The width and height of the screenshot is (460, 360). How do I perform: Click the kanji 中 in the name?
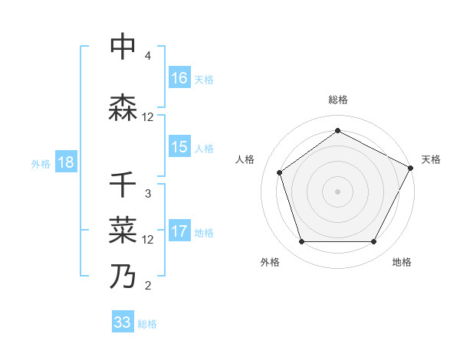tap(123, 48)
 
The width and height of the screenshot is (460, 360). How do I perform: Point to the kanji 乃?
tap(123, 275)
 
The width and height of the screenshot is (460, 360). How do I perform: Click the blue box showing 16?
tap(179, 78)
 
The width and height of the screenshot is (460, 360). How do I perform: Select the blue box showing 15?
tap(179, 147)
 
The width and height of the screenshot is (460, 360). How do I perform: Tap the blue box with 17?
tap(179, 232)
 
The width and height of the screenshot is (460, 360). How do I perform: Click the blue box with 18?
tap(65, 163)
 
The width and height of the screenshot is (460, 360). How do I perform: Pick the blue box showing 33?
tap(123, 322)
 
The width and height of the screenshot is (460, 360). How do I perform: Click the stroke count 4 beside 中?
tap(148, 56)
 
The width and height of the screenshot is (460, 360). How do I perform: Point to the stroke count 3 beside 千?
tap(148, 194)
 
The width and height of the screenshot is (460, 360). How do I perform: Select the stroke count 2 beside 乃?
tap(148, 286)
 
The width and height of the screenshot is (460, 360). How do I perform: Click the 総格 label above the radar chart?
tap(337, 100)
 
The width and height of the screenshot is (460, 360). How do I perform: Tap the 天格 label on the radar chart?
tap(431, 159)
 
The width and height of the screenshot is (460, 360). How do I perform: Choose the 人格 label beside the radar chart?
tap(245, 159)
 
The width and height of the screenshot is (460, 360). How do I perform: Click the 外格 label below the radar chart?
tap(270, 262)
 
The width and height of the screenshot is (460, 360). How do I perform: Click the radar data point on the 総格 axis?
tap(337, 130)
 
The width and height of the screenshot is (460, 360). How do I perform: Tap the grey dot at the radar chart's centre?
tap(337, 191)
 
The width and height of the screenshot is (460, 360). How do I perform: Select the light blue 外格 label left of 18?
tap(41, 163)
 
